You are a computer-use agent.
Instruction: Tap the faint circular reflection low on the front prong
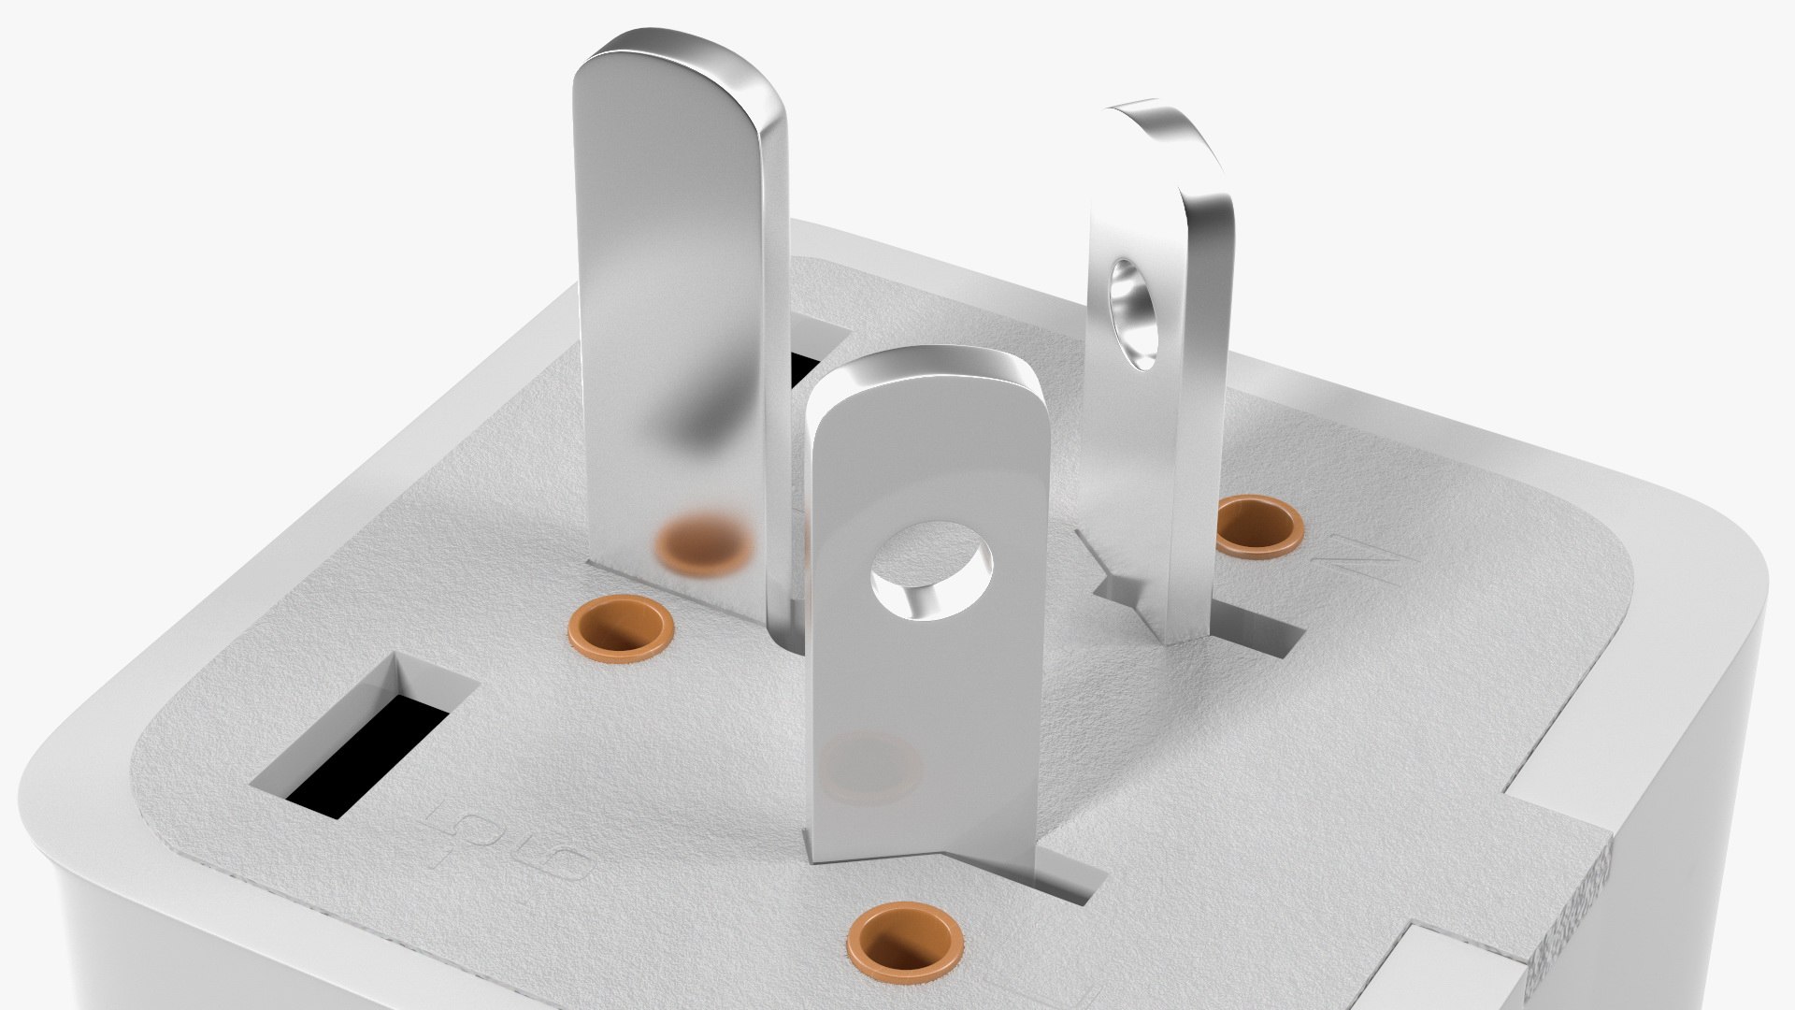point(870,763)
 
